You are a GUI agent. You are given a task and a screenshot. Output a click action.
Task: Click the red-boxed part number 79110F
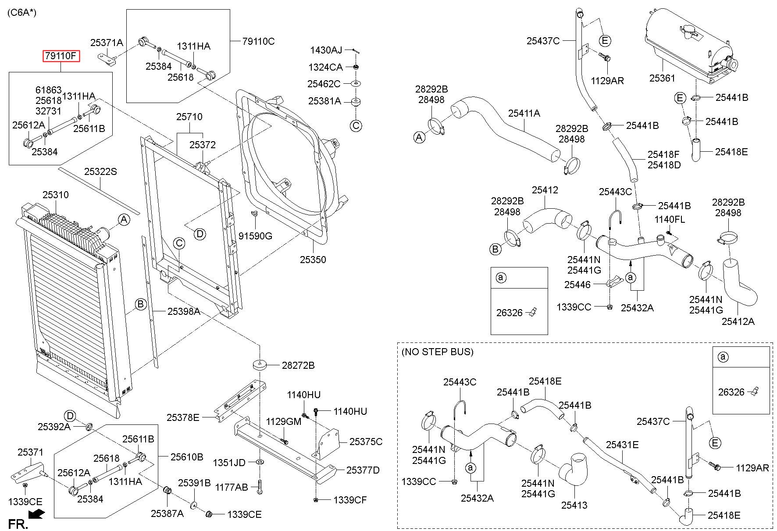pyautogui.click(x=61, y=56)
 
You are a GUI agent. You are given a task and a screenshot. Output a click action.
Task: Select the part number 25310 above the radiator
pyautogui.click(x=55, y=195)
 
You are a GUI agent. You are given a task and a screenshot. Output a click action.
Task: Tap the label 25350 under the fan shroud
pyautogui.click(x=313, y=260)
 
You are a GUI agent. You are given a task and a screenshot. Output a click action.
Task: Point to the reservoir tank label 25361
pyautogui.click(x=662, y=78)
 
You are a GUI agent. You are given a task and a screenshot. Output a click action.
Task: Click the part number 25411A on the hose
pyautogui.click(x=524, y=113)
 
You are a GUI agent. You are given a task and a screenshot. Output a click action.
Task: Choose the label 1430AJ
pyautogui.click(x=326, y=50)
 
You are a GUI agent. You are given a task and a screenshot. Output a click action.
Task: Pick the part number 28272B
pyautogui.click(x=298, y=365)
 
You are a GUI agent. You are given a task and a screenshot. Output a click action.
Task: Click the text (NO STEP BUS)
pyautogui.click(x=438, y=352)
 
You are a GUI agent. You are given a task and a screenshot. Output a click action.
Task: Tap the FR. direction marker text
pyautogui.click(x=18, y=524)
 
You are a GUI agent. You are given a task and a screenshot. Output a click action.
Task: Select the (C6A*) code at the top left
pyautogui.click(x=22, y=12)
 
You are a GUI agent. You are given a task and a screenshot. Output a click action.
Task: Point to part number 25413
pyautogui.click(x=574, y=505)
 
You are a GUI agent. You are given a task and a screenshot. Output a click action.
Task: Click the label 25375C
pyautogui.click(x=366, y=442)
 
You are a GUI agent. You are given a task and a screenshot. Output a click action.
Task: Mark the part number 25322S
pyautogui.click(x=100, y=171)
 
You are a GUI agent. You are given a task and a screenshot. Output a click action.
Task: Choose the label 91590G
pyautogui.click(x=255, y=236)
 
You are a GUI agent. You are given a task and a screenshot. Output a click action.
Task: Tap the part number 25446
pyautogui.click(x=577, y=285)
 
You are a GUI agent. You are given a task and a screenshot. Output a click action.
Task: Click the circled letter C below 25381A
pyautogui.click(x=356, y=126)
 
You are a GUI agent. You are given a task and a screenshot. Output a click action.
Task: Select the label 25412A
pyautogui.click(x=738, y=321)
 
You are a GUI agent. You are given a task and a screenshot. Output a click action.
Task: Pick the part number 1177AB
pyautogui.click(x=232, y=487)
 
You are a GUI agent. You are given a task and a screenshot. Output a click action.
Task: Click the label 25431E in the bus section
pyautogui.click(x=622, y=445)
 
